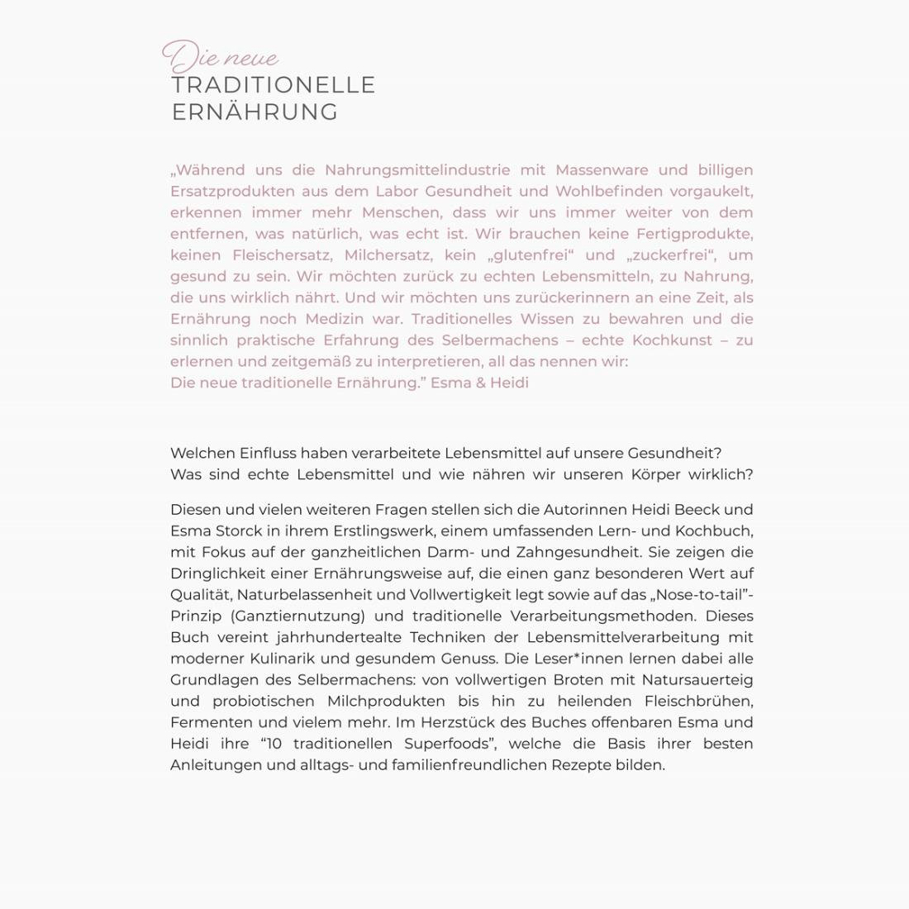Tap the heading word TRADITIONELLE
pyautogui.click(x=274, y=85)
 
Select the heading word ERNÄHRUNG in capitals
pyautogui.click(x=255, y=112)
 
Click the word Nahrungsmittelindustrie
pyautogui.click(x=417, y=170)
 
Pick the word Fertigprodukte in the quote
pyautogui.click(x=693, y=234)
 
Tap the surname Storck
pyautogui.click(x=233, y=531)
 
